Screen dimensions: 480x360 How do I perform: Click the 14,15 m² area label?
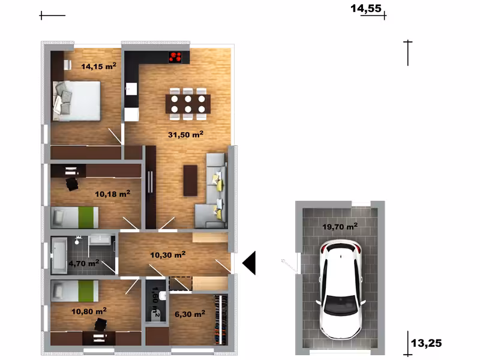[x=98, y=66]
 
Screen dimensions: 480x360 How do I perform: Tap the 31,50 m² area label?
[x=186, y=134]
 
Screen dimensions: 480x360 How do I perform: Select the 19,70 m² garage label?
[x=340, y=227]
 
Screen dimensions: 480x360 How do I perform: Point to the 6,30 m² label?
[x=190, y=314]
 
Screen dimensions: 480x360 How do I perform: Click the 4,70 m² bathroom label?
[x=83, y=263]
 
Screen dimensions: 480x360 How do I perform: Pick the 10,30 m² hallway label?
[x=168, y=254]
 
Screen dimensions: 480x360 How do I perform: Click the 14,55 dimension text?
[x=366, y=8]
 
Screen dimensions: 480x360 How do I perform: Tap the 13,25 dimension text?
[x=427, y=343]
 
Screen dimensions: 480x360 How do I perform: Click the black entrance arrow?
[x=249, y=263]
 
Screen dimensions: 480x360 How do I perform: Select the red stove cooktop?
[x=175, y=57]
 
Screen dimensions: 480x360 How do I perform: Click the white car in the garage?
[x=340, y=290]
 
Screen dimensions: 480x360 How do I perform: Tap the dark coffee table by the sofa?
[x=190, y=181]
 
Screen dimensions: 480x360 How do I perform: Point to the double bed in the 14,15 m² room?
[x=76, y=101]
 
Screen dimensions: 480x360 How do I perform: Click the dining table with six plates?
[x=188, y=104]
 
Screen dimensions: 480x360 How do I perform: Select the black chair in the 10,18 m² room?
[x=72, y=184]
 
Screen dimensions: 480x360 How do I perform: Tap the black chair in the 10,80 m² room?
[x=101, y=325]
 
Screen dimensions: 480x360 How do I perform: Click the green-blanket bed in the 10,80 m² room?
[x=74, y=291]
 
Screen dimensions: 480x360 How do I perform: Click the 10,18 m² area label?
[x=112, y=194]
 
